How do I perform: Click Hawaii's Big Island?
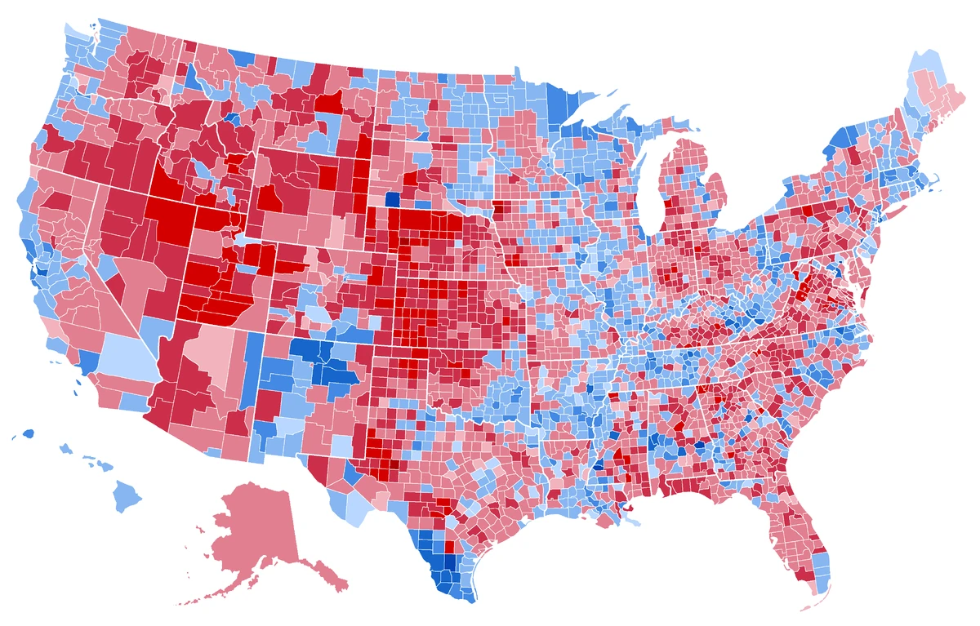click(127, 493)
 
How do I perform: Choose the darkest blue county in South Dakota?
click(393, 198)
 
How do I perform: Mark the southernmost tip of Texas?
click(463, 600)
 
